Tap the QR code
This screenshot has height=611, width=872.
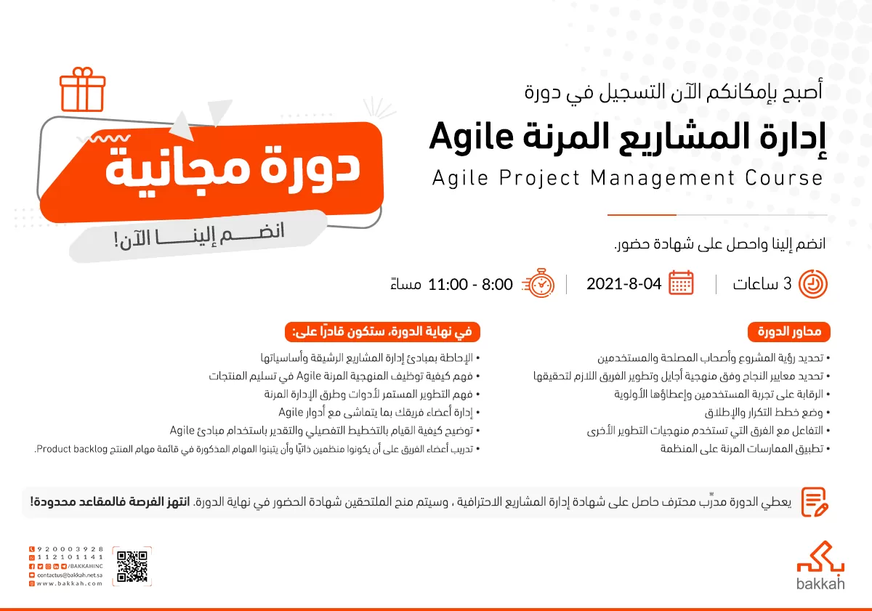(x=132, y=567)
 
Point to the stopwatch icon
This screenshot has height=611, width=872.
(x=541, y=283)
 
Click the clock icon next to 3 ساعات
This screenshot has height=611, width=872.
(x=812, y=283)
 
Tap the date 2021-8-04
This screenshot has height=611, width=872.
(x=623, y=283)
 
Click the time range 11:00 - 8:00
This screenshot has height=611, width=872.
(x=470, y=284)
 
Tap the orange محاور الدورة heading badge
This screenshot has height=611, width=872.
(x=789, y=332)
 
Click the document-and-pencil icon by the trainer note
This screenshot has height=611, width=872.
(x=815, y=501)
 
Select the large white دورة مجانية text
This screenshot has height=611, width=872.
(x=233, y=166)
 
